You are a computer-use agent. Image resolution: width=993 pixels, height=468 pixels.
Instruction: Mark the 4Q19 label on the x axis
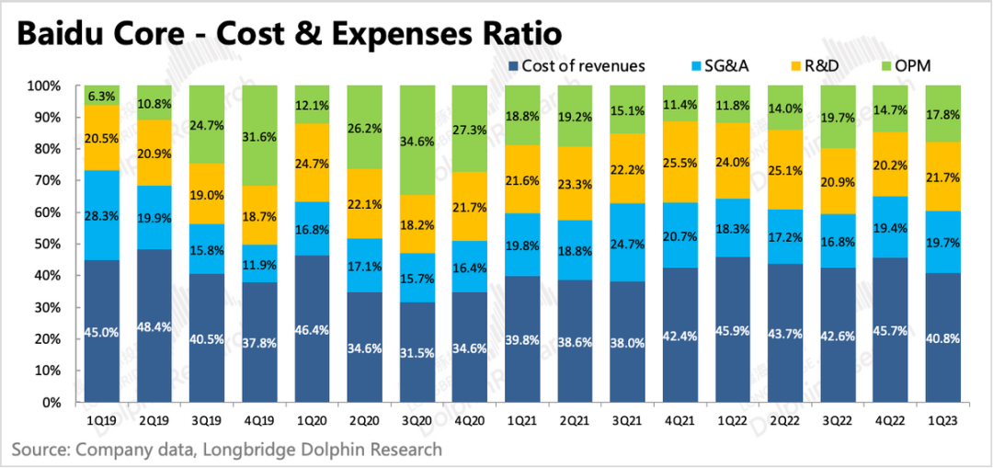(x=260, y=419)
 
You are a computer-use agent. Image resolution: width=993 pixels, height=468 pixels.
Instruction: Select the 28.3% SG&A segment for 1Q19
(x=102, y=215)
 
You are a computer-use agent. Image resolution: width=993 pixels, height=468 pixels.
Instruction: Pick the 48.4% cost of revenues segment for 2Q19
(x=154, y=325)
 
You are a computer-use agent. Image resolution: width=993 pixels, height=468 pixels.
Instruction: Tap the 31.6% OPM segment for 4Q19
(x=260, y=135)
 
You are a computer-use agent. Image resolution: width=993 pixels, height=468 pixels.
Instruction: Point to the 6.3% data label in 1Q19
(x=102, y=96)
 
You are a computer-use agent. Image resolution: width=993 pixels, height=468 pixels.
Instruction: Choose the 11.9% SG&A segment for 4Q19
(x=260, y=264)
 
